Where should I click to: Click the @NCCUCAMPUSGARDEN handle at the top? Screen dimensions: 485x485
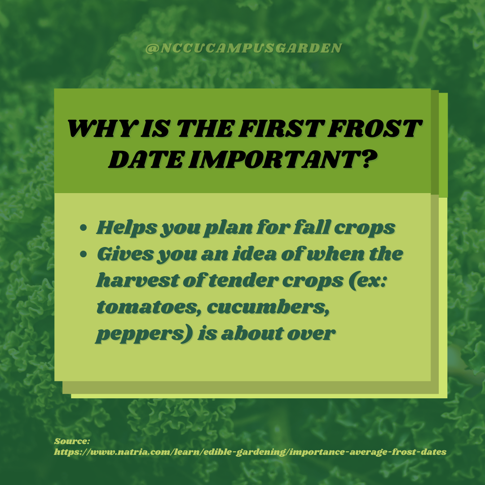click(x=244, y=48)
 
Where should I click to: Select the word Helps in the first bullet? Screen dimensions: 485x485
click(x=126, y=228)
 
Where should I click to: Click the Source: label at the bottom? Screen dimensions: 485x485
click(x=72, y=442)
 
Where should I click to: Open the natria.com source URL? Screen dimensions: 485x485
click(x=250, y=452)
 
